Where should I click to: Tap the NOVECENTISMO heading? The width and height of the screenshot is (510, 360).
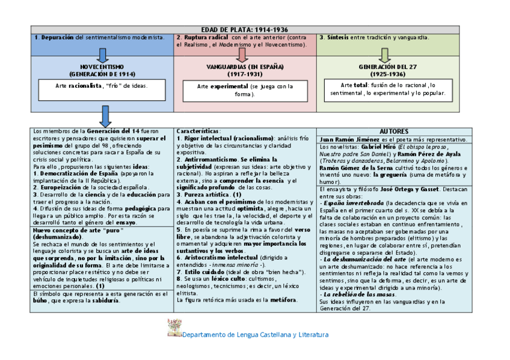click(102, 67)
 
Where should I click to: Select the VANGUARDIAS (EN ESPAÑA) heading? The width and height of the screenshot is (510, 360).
click(245, 67)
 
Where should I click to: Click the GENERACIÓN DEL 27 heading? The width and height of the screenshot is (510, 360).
click(387, 67)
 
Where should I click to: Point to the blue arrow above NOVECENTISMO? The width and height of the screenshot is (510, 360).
click(102, 55)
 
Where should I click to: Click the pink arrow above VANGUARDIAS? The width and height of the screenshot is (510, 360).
click(242, 55)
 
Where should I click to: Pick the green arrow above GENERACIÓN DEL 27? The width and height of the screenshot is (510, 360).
click(385, 55)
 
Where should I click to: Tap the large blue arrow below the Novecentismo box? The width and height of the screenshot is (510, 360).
click(106, 116)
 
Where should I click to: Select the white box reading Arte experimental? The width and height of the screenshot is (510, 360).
click(245, 91)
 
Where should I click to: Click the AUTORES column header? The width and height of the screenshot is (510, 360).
click(394, 131)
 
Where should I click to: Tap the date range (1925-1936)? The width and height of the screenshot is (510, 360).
click(387, 74)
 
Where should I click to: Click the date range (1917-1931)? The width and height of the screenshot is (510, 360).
click(245, 74)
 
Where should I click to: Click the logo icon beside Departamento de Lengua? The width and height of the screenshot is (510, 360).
click(174, 328)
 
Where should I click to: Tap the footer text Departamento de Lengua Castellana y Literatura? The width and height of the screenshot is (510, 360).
click(256, 335)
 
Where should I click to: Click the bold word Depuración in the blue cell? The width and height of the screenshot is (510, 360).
click(58, 37)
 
